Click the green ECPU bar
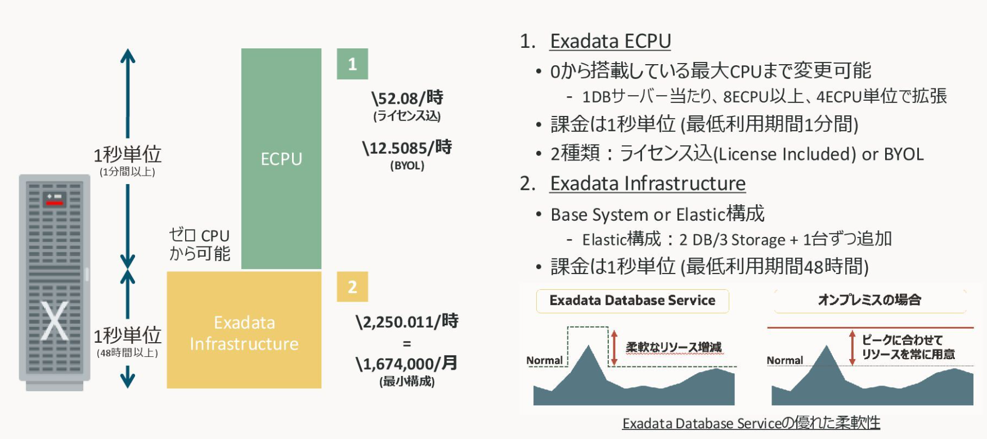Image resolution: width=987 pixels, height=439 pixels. (x=281, y=159)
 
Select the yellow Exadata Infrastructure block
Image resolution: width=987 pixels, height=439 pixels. (x=244, y=330)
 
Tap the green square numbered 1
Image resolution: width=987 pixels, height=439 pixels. (x=352, y=64)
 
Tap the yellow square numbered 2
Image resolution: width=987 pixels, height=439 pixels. (x=352, y=286)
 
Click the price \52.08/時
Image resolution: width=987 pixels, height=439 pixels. (x=407, y=98)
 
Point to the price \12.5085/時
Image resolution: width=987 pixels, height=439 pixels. (x=407, y=147)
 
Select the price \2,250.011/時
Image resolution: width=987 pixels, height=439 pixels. (x=407, y=321)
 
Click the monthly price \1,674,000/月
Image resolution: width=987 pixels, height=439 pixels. (x=407, y=364)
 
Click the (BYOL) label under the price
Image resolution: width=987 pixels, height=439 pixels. (x=407, y=165)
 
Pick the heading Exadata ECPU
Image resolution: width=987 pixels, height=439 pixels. (x=611, y=41)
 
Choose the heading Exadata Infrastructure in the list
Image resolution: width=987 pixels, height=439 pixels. (x=648, y=183)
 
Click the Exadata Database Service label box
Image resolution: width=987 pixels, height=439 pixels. (x=632, y=301)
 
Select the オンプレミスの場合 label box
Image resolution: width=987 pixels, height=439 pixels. (x=870, y=300)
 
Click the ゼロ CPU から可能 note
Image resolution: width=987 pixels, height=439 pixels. (x=200, y=244)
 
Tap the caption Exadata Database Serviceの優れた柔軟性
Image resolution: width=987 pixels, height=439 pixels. (x=751, y=423)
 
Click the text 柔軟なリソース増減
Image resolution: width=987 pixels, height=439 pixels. (x=674, y=347)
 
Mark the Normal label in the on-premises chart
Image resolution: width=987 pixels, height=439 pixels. (x=785, y=360)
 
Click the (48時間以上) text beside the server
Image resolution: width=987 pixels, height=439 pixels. (x=128, y=353)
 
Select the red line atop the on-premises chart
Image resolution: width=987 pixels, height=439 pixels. (x=870, y=327)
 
